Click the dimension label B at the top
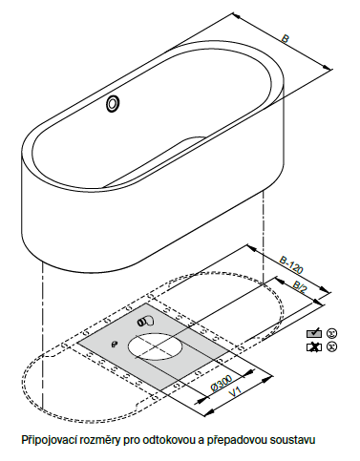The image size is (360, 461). pos(285,39)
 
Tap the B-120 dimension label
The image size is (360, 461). pos(290,264)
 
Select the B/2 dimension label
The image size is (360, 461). pos(299,286)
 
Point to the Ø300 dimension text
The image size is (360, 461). pos(222,383)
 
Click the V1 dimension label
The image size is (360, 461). pos(236,391)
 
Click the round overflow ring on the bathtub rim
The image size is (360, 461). pos(113,103)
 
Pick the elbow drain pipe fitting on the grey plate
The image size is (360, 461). pos(145,322)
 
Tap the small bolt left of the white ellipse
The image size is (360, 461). pos(115,344)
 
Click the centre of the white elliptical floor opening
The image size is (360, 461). pos(156,347)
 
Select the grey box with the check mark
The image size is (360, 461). pos(314,333)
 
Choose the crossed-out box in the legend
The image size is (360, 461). pos(314,347)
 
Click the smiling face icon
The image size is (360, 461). pos(331,333)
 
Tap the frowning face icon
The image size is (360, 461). pos(331,346)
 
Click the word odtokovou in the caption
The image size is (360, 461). pos(162,440)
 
